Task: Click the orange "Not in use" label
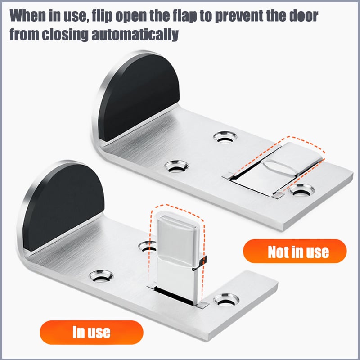click(x=295, y=251)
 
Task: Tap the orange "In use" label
click(x=91, y=332)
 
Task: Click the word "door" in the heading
click(x=304, y=16)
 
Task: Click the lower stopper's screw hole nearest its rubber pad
click(x=101, y=276)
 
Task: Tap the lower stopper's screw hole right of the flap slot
click(x=226, y=300)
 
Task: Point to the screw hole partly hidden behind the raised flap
click(x=147, y=247)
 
